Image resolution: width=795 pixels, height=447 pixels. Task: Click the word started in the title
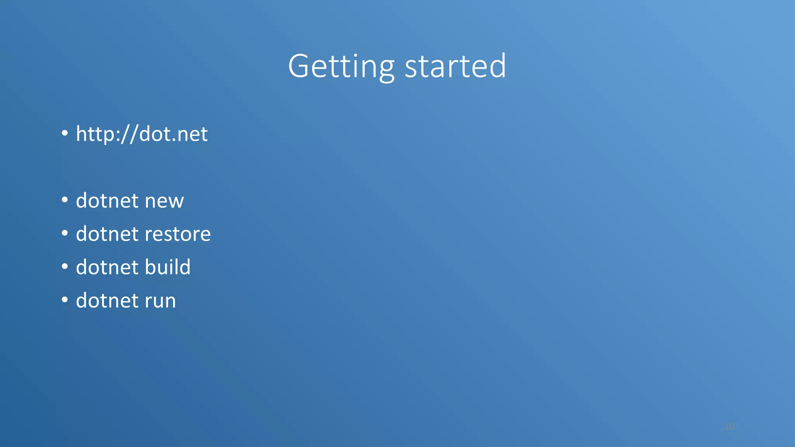point(455,67)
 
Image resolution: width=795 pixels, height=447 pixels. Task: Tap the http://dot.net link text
point(142,134)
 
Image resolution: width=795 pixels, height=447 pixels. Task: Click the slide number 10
point(729,427)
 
